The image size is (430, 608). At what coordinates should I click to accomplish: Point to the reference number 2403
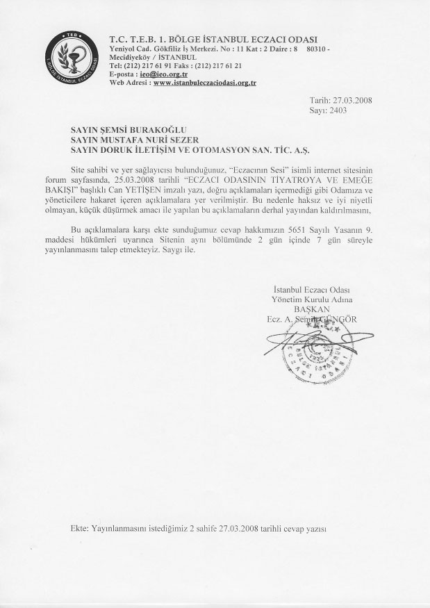pyautogui.click(x=337, y=110)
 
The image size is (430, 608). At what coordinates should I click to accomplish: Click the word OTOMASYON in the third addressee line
pyautogui.click(x=222, y=149)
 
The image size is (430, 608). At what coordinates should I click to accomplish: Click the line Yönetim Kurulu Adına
pyautogui.click(x=313, y=299)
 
